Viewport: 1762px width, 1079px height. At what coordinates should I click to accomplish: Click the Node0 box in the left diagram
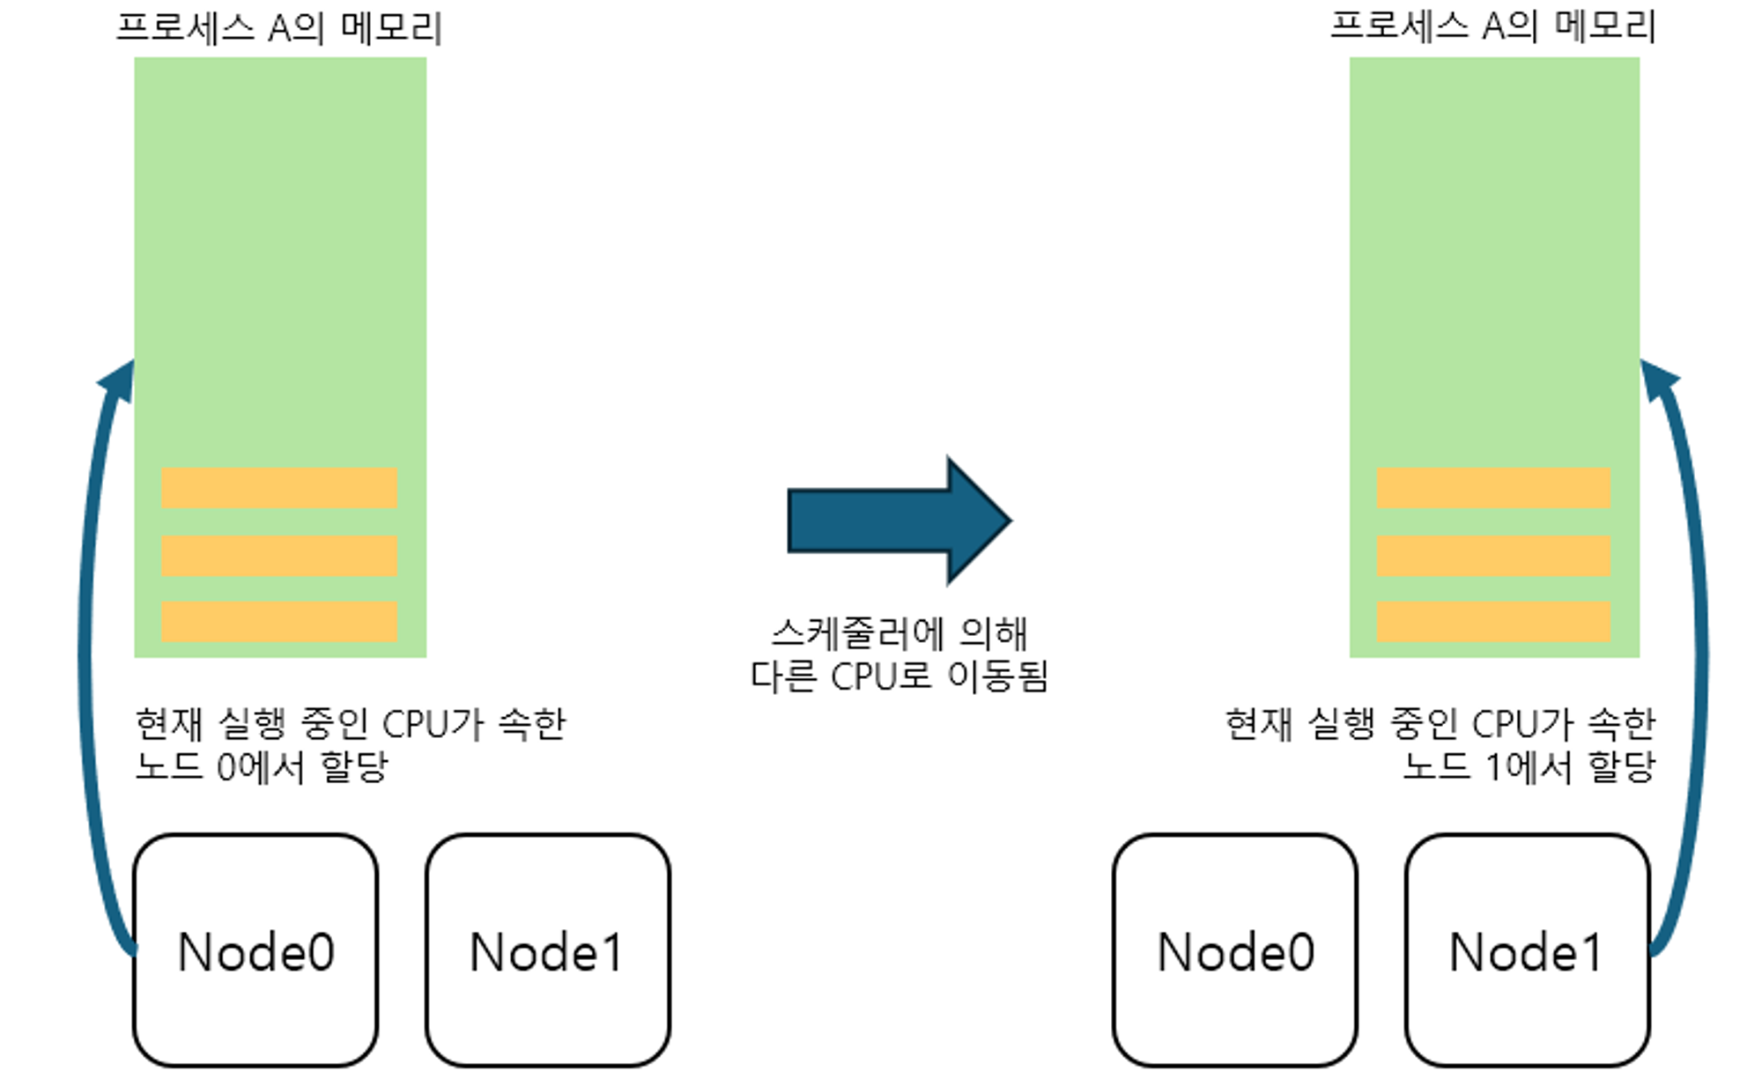[x=255, y=951]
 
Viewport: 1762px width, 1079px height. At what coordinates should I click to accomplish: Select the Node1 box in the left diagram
[x=547, y=951]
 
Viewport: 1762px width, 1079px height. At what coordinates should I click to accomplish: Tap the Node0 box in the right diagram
[x=1234, y=951]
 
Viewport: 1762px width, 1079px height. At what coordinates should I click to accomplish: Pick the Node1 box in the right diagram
[x=1527, y=951]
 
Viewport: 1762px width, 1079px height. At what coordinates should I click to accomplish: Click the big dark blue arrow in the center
[x=899, y=521]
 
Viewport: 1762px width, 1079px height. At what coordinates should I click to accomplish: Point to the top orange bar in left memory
[x=279, y=488]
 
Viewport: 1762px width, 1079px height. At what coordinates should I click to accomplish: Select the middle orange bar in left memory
[x=279, y=556]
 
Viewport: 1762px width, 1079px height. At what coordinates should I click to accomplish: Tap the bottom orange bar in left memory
[x=279, y=622]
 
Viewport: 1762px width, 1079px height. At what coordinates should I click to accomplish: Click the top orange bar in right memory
[x=1493, y=488]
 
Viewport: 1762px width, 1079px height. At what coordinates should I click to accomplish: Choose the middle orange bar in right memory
[x=1493, y=556]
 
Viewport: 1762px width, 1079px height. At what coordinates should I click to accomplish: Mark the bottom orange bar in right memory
[x=1493, y=622]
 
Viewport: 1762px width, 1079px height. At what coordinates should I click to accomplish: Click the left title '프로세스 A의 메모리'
[x=279, y=28]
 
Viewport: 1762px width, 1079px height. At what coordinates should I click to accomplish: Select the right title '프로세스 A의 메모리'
[x=1493, y=26]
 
